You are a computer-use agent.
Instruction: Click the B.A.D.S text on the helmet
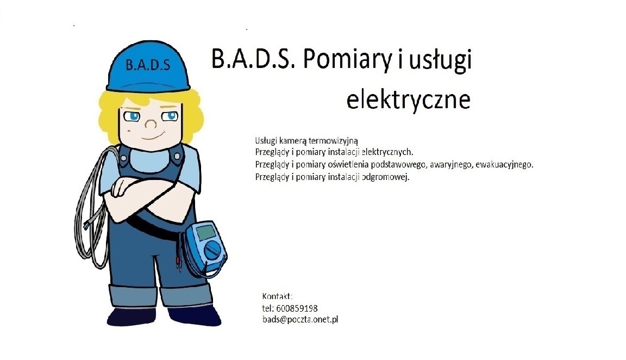point(147,65)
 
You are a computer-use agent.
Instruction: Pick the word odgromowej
point(385,177)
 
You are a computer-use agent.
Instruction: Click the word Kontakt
point(277,296)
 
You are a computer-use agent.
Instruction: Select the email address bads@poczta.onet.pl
point(300,320)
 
